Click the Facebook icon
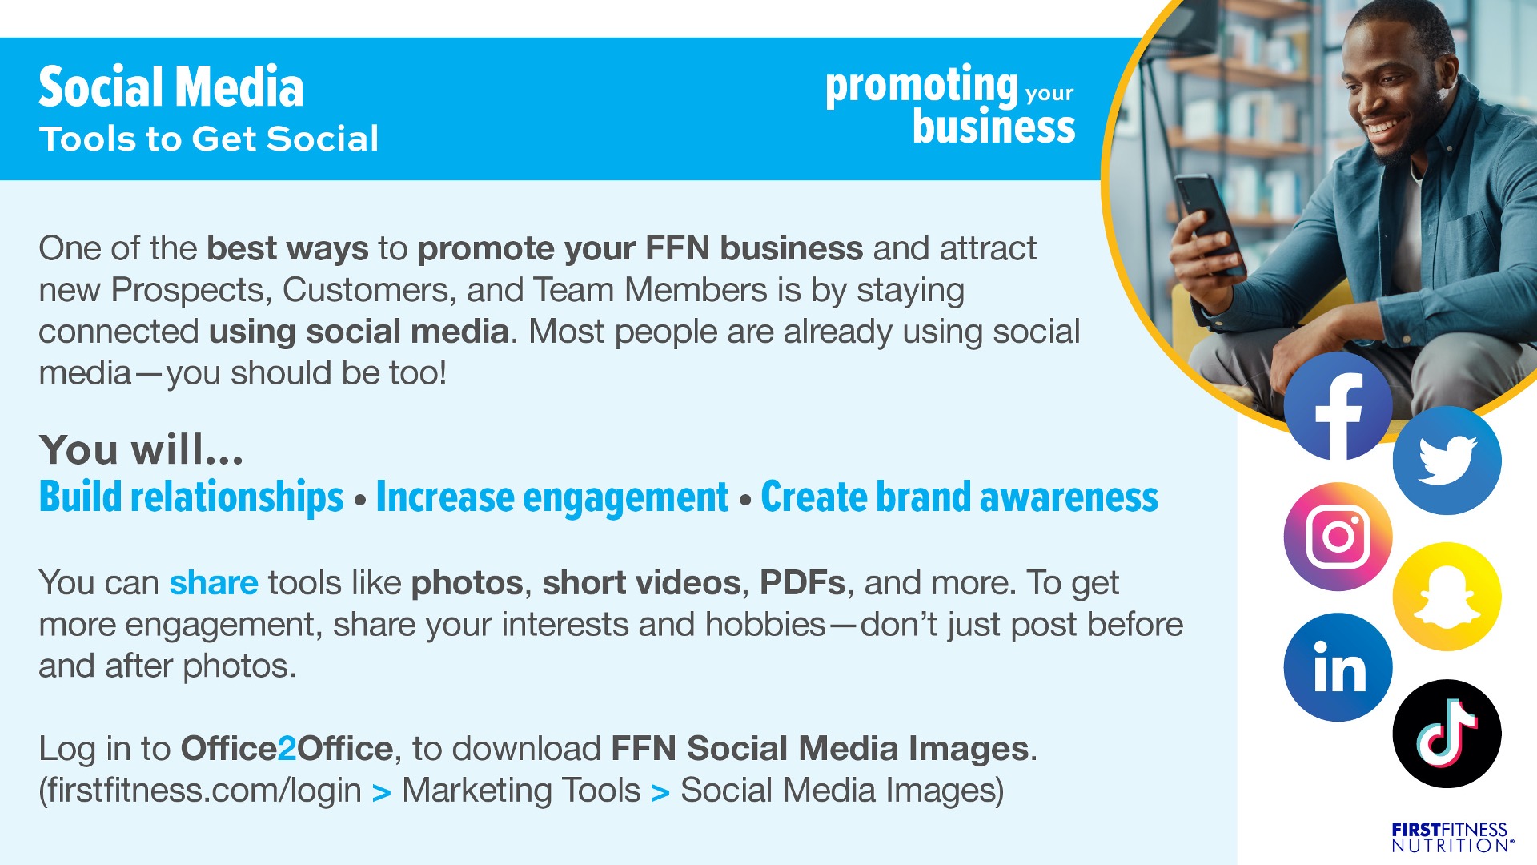click(x=1338, y=406)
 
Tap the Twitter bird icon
click(x=1447, y=461)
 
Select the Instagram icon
click(x=1338, y=537)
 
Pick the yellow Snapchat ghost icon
click(x=1447, y=597)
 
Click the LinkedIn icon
click(x=1338, y=667)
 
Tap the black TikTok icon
click(x=1447, y=734)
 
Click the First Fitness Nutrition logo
click(x=1452, y=837)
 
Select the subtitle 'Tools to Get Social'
click(x=209, y=139)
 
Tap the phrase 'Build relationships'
click(x=191, y=497)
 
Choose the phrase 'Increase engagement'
click(x=552, y=497)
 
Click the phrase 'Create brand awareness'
click(x=960, y=497)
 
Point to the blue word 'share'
click(x=214, y=582)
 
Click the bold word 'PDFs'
click(x=803, y=582)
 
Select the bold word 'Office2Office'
click(x=287, y=748)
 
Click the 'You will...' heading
click(x=142, y=449)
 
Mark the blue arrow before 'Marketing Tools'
click(x=382, y=793)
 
